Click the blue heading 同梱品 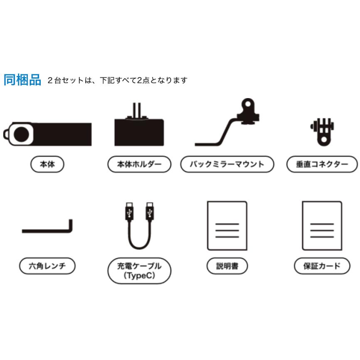click(x=22, y=80)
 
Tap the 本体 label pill click(x=47, y=164)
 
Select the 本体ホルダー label click(x=139, y=164)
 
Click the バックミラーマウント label click(x=227, y=164)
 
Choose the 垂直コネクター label click(x=322, y=164)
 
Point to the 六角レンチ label click(x=47, y=266)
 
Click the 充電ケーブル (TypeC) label click(x=139, y=271)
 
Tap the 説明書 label click(x=227, y=266)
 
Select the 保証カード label click(x=322, y=266)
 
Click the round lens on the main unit click(x=21, y=134)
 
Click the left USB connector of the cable click(x=129, y=212)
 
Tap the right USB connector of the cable click(x=150, y=212)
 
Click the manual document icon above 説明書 click(x=227, y=226)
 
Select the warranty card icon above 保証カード click(x=322, y=226)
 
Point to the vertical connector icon click(x=322, y=132)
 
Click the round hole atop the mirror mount click(x=248, y=104)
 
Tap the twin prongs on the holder click(x=137, y=111)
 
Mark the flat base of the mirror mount click(x=207, y=144)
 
